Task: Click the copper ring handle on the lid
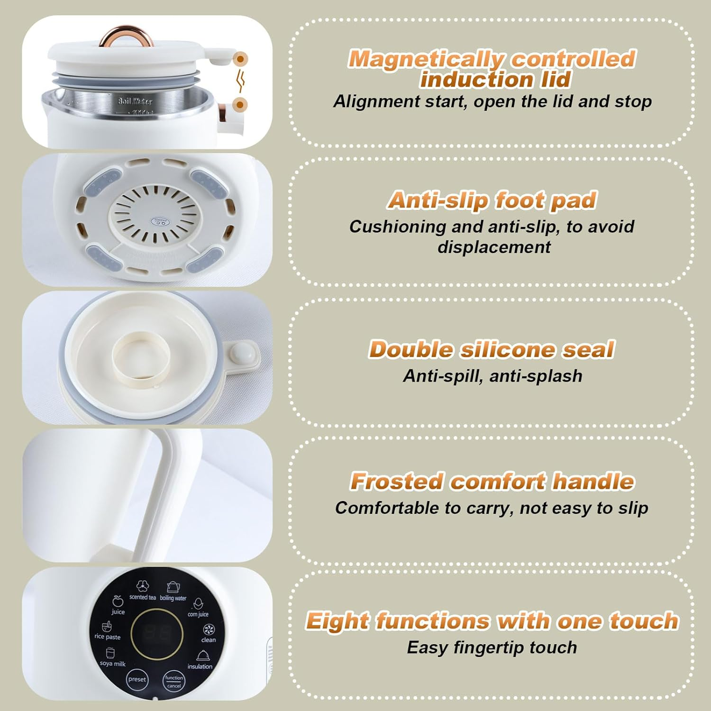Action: [126, 35]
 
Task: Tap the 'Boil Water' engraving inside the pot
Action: [135, 101]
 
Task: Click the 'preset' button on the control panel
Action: [137, 679]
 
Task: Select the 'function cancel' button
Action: [174, 681]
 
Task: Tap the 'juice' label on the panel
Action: [118, 611]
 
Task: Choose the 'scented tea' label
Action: [143, 597]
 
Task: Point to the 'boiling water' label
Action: [173, 598]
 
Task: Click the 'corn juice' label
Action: [198, 614]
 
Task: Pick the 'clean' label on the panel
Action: [209, 639]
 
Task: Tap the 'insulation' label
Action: [200, 666]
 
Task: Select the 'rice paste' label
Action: [108, 637]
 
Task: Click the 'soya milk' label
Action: [113, 664]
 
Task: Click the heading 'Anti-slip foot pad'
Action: [492, 200]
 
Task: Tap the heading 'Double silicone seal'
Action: [492, 349]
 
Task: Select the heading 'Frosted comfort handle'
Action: [492, 481]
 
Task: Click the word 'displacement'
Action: [494, 247]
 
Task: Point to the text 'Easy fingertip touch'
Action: [492, 647]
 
